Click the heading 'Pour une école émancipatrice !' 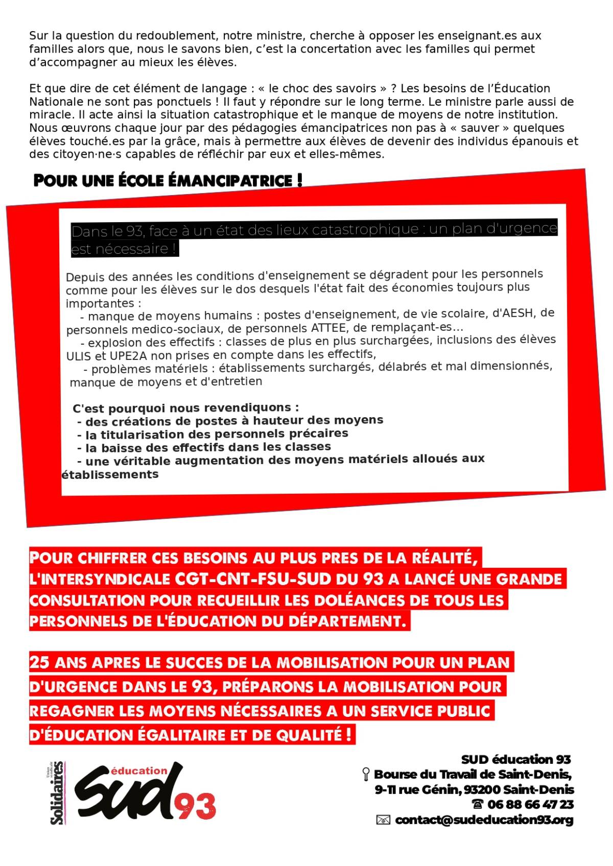168,181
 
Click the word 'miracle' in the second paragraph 50,115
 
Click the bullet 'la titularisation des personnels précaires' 217,434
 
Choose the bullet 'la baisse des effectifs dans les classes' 208,447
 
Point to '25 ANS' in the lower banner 55,663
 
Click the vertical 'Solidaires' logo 57,792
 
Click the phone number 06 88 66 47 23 530,804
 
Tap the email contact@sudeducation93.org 484,820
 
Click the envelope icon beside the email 383,820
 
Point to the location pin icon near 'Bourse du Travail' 366,774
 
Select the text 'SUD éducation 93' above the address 515,759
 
